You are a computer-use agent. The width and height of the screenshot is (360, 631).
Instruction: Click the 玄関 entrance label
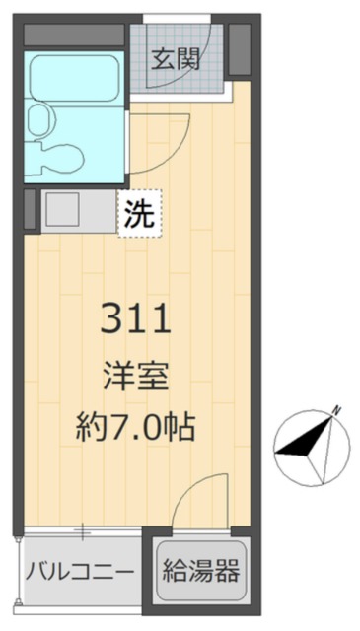click(177, 59)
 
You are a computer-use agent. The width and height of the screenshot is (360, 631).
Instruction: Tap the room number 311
click(136, 320)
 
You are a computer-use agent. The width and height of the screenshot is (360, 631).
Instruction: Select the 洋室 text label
click(136, 378)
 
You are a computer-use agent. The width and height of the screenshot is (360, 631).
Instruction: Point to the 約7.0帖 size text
click(136, 427)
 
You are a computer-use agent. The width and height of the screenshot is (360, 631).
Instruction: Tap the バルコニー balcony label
click(80, 571)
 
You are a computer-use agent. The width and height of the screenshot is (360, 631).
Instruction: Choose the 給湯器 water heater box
click(201, 571)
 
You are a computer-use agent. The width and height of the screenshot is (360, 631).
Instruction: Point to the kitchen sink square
click(62, 210)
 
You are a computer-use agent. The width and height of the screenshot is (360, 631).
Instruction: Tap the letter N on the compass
click(336, 408)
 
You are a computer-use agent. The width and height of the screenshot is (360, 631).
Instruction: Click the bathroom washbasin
click(39, 121)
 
